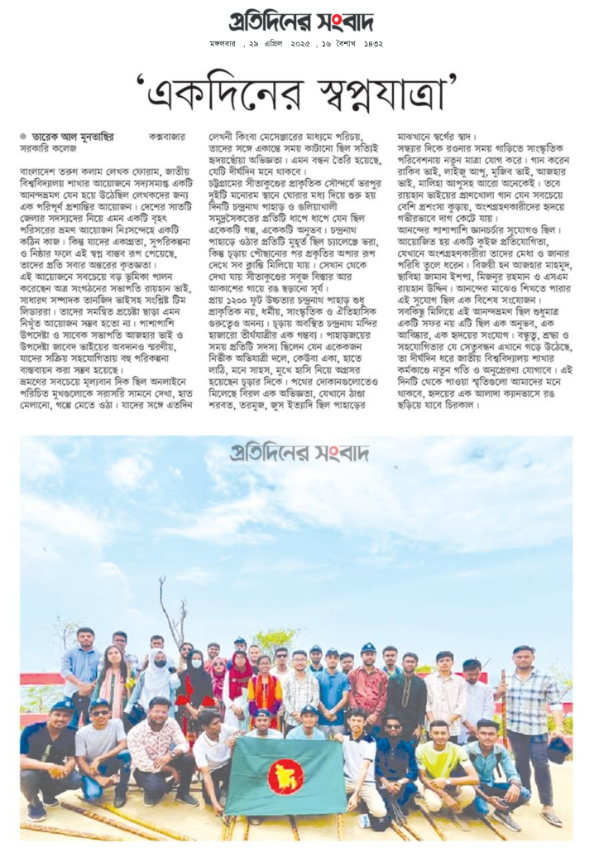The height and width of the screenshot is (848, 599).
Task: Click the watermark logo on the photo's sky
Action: click(x=299, y=453)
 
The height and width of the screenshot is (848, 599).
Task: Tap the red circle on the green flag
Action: click(x=285, y=776)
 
